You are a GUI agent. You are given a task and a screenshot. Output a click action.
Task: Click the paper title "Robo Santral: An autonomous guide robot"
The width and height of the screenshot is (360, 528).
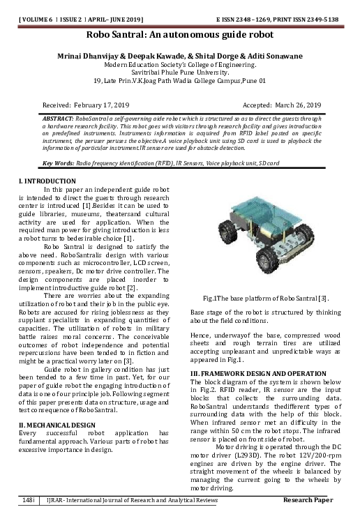tap(179, 34)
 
